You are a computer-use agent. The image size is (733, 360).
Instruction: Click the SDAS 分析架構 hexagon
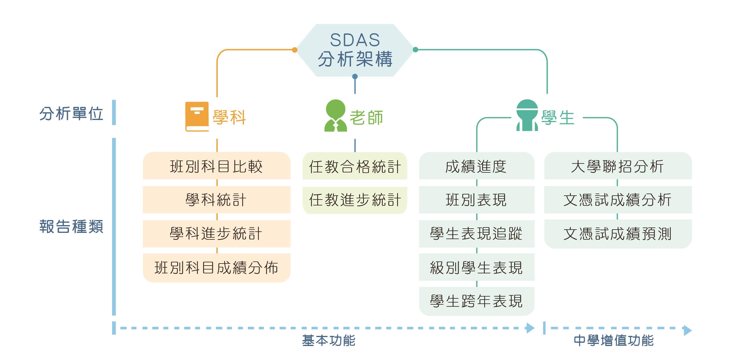355,50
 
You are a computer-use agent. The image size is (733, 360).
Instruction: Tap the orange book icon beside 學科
197,116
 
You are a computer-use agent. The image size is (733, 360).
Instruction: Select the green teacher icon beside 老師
336,116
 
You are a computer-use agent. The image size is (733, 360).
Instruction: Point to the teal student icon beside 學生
527,115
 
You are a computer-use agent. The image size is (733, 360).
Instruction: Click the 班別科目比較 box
217,166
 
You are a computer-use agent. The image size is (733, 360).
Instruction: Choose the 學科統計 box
217,200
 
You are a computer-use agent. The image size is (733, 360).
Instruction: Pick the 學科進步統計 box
217,233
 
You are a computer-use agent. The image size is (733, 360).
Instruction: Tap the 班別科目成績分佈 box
217,268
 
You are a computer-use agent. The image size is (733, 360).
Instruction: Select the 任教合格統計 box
355,166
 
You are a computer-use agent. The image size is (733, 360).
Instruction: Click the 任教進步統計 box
355,200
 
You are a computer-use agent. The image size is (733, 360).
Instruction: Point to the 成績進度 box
477,166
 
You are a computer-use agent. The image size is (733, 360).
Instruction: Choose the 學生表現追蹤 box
477,234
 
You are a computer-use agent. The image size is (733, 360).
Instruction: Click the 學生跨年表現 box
477,301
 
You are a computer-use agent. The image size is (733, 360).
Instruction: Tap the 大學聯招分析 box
618,166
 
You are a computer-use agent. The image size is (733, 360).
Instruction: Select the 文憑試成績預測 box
618,234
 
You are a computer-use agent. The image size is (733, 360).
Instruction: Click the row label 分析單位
71,114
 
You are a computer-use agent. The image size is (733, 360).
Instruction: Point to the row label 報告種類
71,226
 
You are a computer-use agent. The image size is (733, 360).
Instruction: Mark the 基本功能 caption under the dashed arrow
329,340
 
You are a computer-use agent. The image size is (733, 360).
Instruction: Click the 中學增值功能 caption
614,340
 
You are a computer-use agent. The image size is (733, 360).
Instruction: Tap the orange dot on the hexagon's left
295,50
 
